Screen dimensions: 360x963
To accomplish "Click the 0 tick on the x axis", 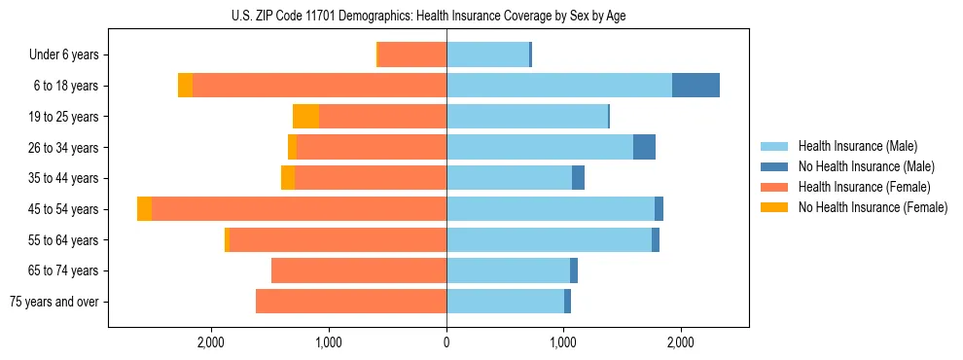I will [446, 342].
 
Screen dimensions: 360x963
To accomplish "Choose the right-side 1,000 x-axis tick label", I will [563, 342].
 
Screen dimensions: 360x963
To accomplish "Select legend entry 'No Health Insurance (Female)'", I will [873, 207].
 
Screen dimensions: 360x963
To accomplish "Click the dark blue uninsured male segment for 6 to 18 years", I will [695, 86].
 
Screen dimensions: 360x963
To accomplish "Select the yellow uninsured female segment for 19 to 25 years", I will [305, 117].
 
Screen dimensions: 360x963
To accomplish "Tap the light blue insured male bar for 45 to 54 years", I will [551, 209].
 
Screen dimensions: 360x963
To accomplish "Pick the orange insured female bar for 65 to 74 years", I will [359, 270].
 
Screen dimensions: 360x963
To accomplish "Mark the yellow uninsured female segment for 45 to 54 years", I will [144, 209].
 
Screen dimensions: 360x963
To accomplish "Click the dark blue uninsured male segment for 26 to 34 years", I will [644, 147].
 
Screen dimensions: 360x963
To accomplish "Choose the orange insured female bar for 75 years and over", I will [351, 302].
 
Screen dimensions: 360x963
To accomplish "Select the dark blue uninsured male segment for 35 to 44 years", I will [578, 178].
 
